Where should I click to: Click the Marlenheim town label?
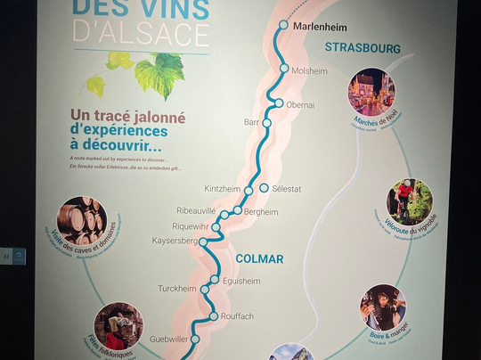318,26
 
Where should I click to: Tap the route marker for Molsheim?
284,69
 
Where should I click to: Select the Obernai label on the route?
301,104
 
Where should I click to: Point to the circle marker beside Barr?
266,123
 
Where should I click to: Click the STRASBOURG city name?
363,47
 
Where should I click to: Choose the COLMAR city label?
259,259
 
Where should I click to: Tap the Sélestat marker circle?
264,188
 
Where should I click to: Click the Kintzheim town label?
223,190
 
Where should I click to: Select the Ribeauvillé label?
197,211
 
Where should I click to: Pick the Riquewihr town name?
190,226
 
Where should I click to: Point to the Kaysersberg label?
175,241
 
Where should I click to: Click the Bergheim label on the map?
261,212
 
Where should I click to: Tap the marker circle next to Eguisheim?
214,280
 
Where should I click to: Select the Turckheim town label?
177,289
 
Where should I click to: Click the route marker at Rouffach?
214,316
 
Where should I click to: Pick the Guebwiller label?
169,339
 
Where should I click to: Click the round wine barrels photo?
82,221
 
